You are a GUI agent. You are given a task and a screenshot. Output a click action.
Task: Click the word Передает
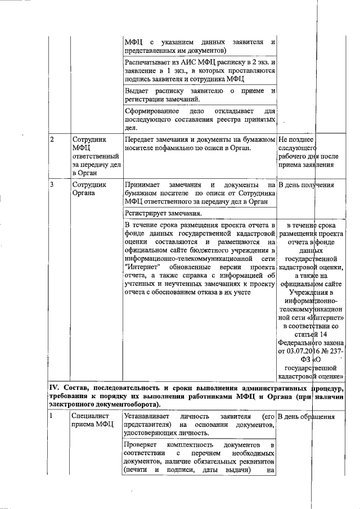pos(141,139)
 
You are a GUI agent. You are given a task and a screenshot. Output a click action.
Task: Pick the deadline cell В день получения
pos(306,184)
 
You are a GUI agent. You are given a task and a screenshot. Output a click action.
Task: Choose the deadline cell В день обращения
pos(307,417)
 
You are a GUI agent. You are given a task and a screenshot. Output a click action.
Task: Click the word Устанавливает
pos(150,417)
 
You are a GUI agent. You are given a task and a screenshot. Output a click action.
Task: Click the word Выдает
pos(137,91)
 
